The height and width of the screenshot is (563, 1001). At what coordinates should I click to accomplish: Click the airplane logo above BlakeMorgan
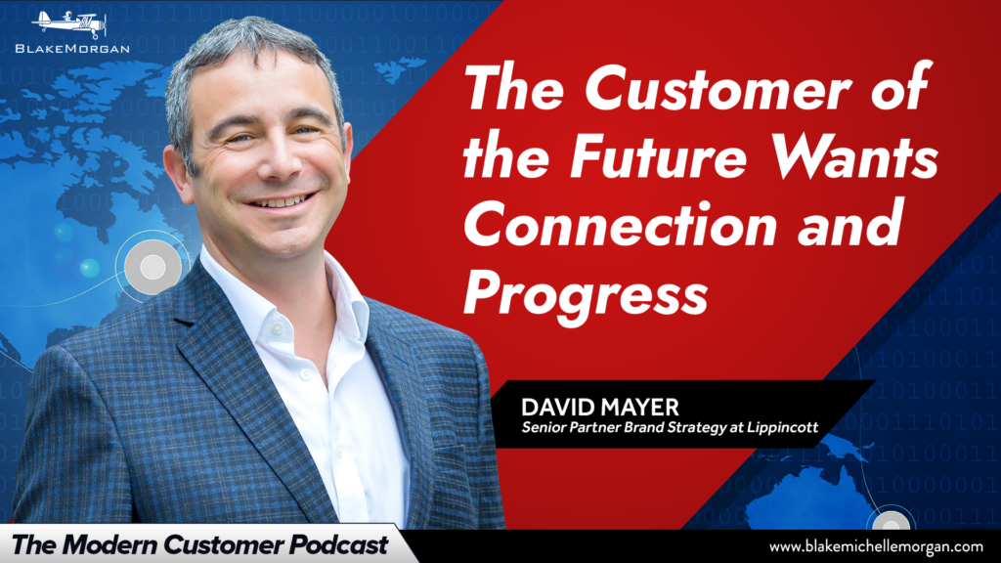(69, 24)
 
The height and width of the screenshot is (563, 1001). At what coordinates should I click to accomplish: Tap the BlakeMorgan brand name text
(72, 49)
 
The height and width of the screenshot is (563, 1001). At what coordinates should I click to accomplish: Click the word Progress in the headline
(587, 293)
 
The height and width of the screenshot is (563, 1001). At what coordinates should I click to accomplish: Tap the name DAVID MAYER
(600, 407)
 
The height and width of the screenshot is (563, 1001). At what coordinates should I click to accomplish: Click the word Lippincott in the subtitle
(783, 427)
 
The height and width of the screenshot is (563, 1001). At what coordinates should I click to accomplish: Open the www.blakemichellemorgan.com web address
(876, 546)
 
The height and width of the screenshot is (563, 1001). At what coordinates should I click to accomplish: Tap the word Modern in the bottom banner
(109, 545)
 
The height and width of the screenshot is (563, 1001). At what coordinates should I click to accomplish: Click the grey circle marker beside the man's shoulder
(152, 267)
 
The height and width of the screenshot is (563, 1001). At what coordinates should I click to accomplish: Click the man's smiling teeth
(281, 202)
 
